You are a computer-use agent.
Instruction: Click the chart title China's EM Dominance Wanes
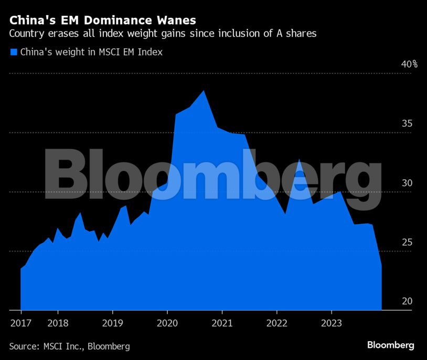point(103,20)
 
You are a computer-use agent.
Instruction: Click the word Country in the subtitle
point(26,34)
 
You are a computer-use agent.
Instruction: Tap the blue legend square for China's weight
point(14,52)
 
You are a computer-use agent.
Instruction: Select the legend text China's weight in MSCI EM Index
point(91,52)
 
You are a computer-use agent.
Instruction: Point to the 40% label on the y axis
point(409,64)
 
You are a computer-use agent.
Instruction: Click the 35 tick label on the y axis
point(407,124)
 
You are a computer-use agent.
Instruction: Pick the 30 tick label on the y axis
point(407,183)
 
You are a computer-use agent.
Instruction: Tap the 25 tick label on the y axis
point(407,242)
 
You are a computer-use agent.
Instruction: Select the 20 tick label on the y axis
point(407,301)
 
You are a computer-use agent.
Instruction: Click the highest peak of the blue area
point(204,91)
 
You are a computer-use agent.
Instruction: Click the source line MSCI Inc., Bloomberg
point(70,346)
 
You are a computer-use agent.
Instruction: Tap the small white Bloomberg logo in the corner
point(390,345)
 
